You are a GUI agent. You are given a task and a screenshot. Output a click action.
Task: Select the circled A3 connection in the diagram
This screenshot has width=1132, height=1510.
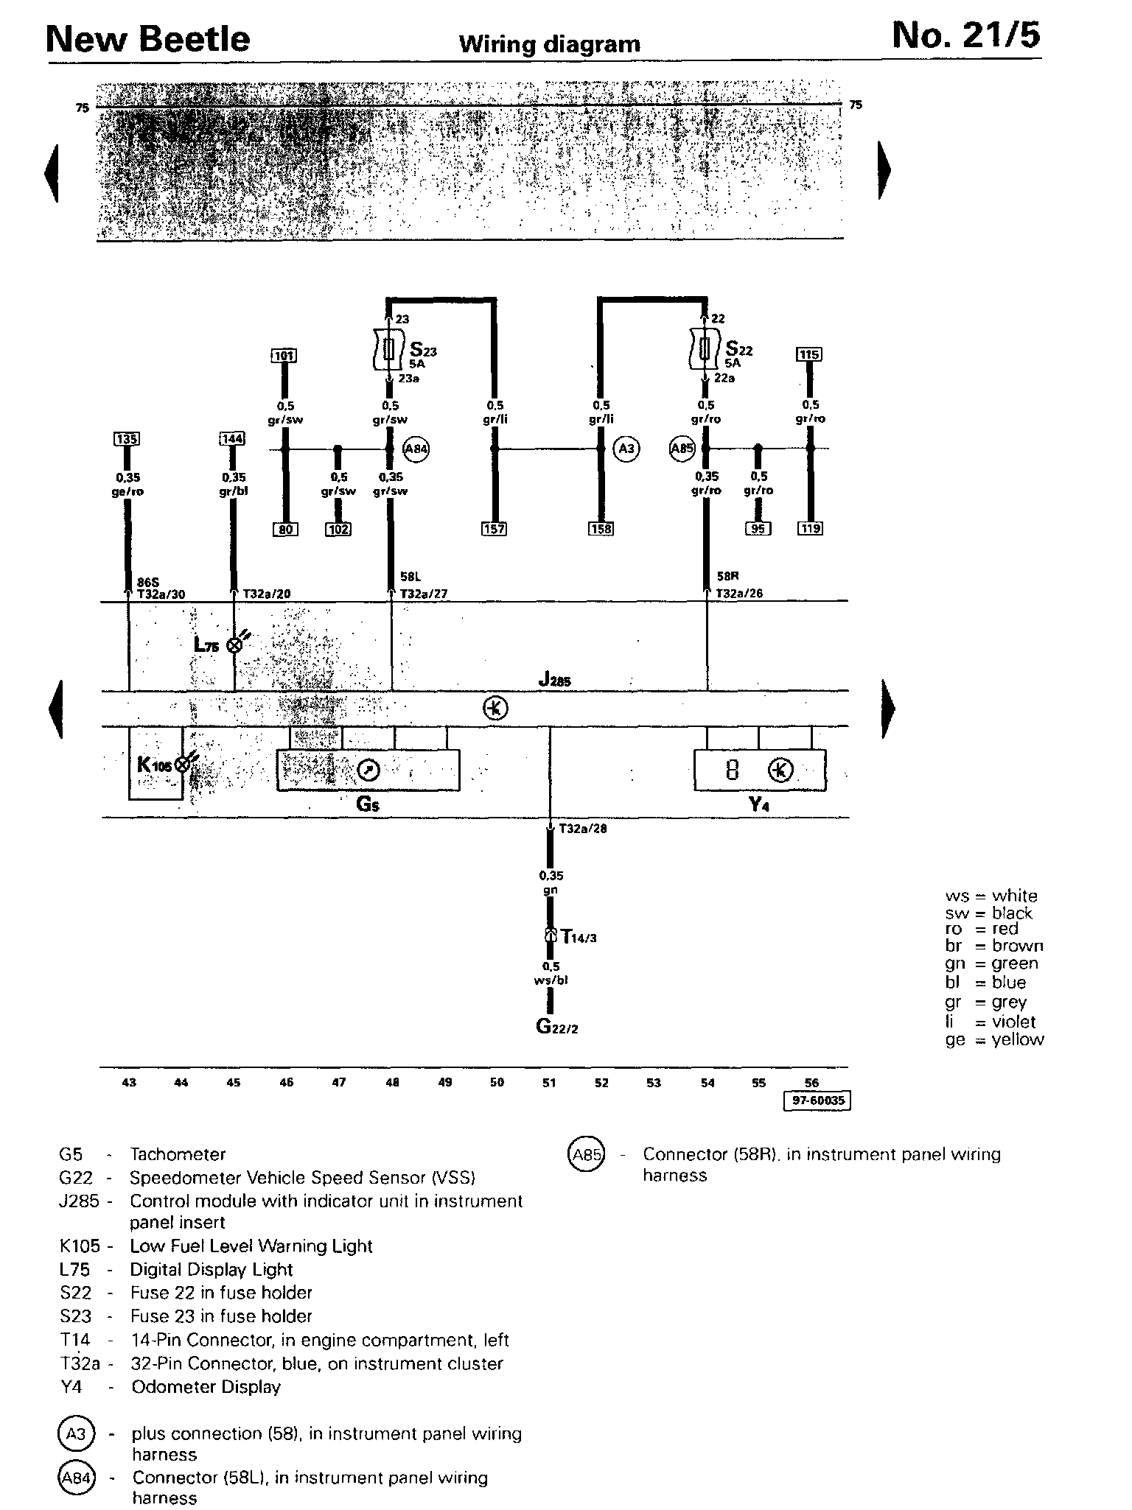click(626, 448)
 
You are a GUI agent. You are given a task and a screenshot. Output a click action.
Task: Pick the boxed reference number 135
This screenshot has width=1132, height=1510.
click(127, 439)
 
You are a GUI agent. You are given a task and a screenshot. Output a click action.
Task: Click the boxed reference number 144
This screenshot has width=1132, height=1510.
click(232, 439)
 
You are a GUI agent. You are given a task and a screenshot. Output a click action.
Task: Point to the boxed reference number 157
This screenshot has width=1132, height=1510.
click(494, 528)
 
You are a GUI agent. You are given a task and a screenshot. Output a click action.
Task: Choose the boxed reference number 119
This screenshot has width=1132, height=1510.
click(810, 528)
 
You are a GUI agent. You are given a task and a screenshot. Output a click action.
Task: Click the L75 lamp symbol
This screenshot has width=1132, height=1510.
click(235, 645)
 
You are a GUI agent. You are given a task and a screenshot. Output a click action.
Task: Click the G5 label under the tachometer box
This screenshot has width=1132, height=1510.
click(368, 804)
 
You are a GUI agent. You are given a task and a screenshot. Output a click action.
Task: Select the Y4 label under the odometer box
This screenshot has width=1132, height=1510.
click(760, 804)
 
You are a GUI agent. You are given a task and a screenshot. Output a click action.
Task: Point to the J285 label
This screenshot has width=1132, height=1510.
click(554, 681)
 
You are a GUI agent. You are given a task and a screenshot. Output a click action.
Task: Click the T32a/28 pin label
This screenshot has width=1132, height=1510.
click(582, 829)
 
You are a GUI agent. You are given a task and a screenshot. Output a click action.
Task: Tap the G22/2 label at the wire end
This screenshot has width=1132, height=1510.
click(556, 1026)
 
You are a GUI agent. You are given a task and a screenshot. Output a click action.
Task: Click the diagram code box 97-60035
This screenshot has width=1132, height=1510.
click(817, 1100)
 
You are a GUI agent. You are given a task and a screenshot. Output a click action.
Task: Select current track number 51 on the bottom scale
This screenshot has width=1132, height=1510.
click(549, 1082)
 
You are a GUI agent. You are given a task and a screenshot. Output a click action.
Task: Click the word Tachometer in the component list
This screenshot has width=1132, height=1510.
click(178, 1154)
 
